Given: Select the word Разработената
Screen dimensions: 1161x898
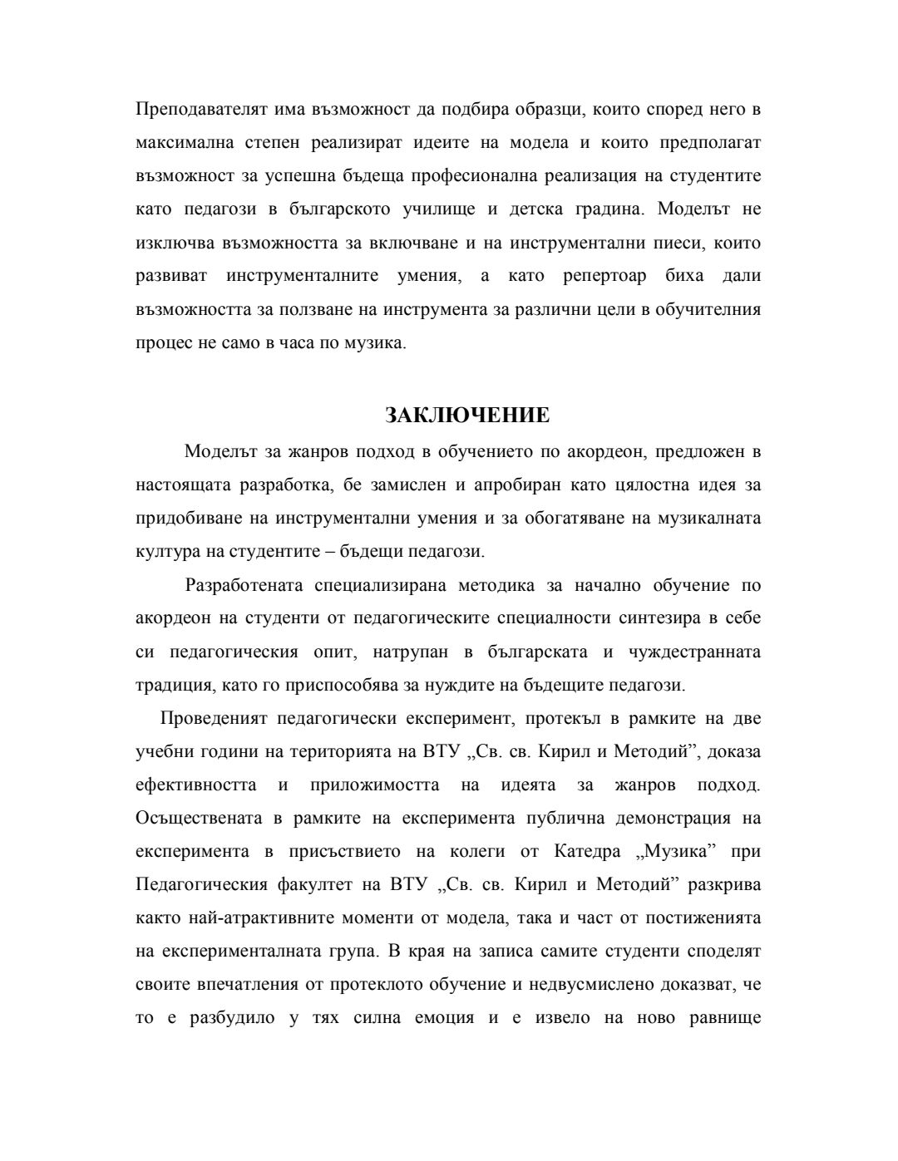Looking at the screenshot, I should click(x=241, y=586).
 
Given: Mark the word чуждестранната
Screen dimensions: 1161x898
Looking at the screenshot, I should click(x=698, y=652).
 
